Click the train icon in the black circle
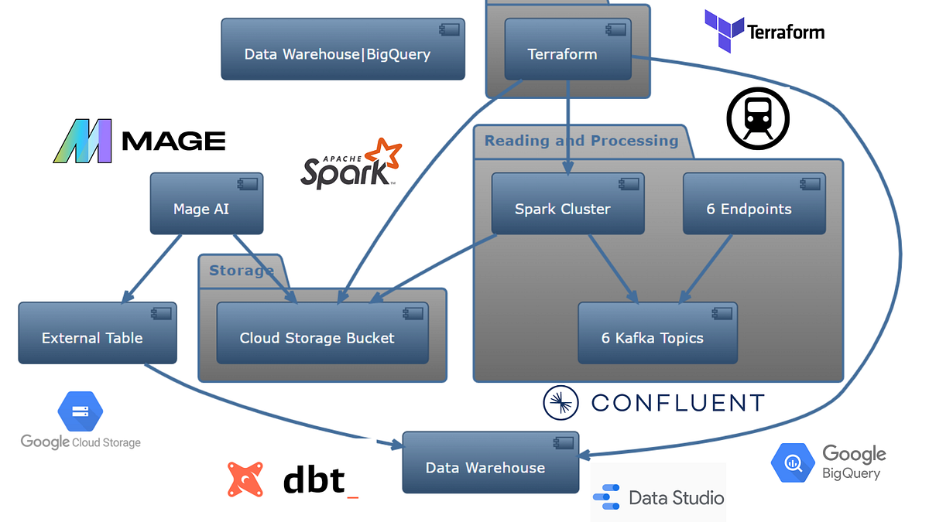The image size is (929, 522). coord(757,118)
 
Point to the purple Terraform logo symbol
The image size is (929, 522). coord(722,31)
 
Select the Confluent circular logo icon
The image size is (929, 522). coord(561,402)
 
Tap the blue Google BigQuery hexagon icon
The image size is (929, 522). coord(793,463)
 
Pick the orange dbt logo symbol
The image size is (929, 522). coord(245,479)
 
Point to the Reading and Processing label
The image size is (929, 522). coord(581,142)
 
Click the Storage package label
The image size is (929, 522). coord(241,271)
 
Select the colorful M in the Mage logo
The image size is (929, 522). coord(83,141)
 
